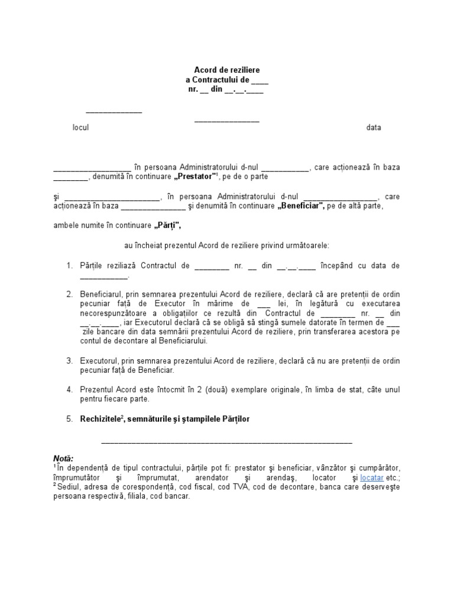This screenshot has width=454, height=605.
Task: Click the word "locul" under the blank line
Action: click(80, 128)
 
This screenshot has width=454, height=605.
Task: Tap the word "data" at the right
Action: click(374, 128)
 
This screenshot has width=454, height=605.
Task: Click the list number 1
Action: click(69, 266)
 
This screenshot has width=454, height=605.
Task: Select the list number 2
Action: click(69, 294)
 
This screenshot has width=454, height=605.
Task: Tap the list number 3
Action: click(69, 360)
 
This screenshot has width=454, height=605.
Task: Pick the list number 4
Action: click(69, 389)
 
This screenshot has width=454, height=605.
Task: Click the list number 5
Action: click(69, 419)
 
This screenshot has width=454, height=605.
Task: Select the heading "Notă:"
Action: click(63, 458)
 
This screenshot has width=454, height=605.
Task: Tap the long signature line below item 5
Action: click(227, 441)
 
